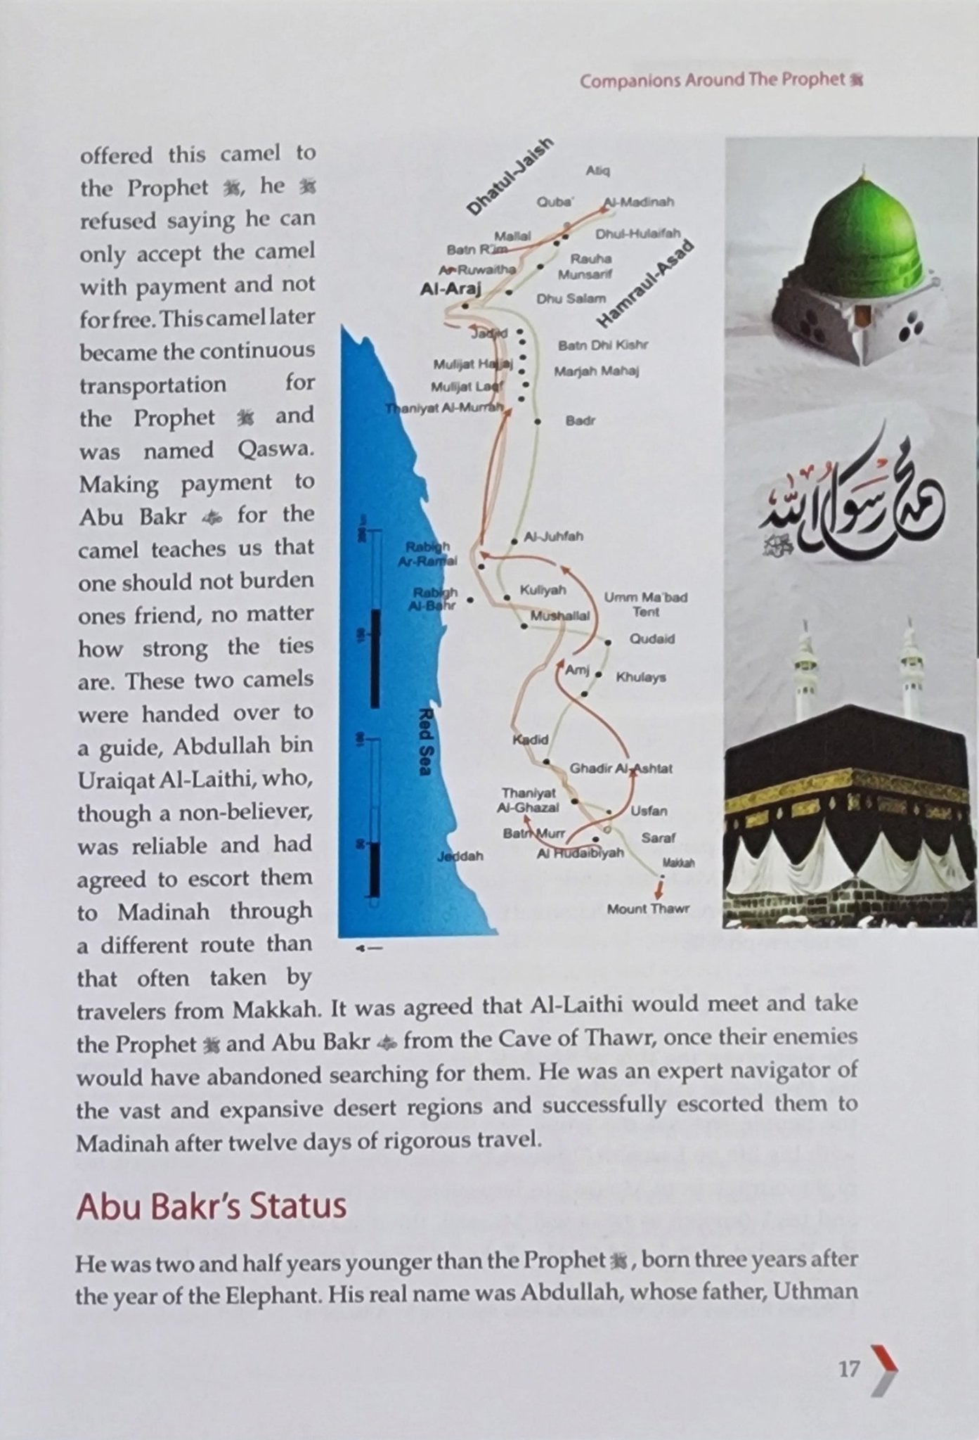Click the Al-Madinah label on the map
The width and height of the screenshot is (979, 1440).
pos(640,202)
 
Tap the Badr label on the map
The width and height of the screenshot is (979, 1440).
pos(580,421)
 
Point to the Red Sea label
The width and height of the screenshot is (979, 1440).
pos(424,742)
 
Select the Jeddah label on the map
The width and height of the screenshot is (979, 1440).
pos(460,856)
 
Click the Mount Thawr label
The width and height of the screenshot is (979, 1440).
pos(648,908)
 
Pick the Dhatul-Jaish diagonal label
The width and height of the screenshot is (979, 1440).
pos(510,176)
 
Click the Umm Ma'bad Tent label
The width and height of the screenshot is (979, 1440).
pos(645,605)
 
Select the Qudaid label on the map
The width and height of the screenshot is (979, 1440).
pos(652,639)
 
